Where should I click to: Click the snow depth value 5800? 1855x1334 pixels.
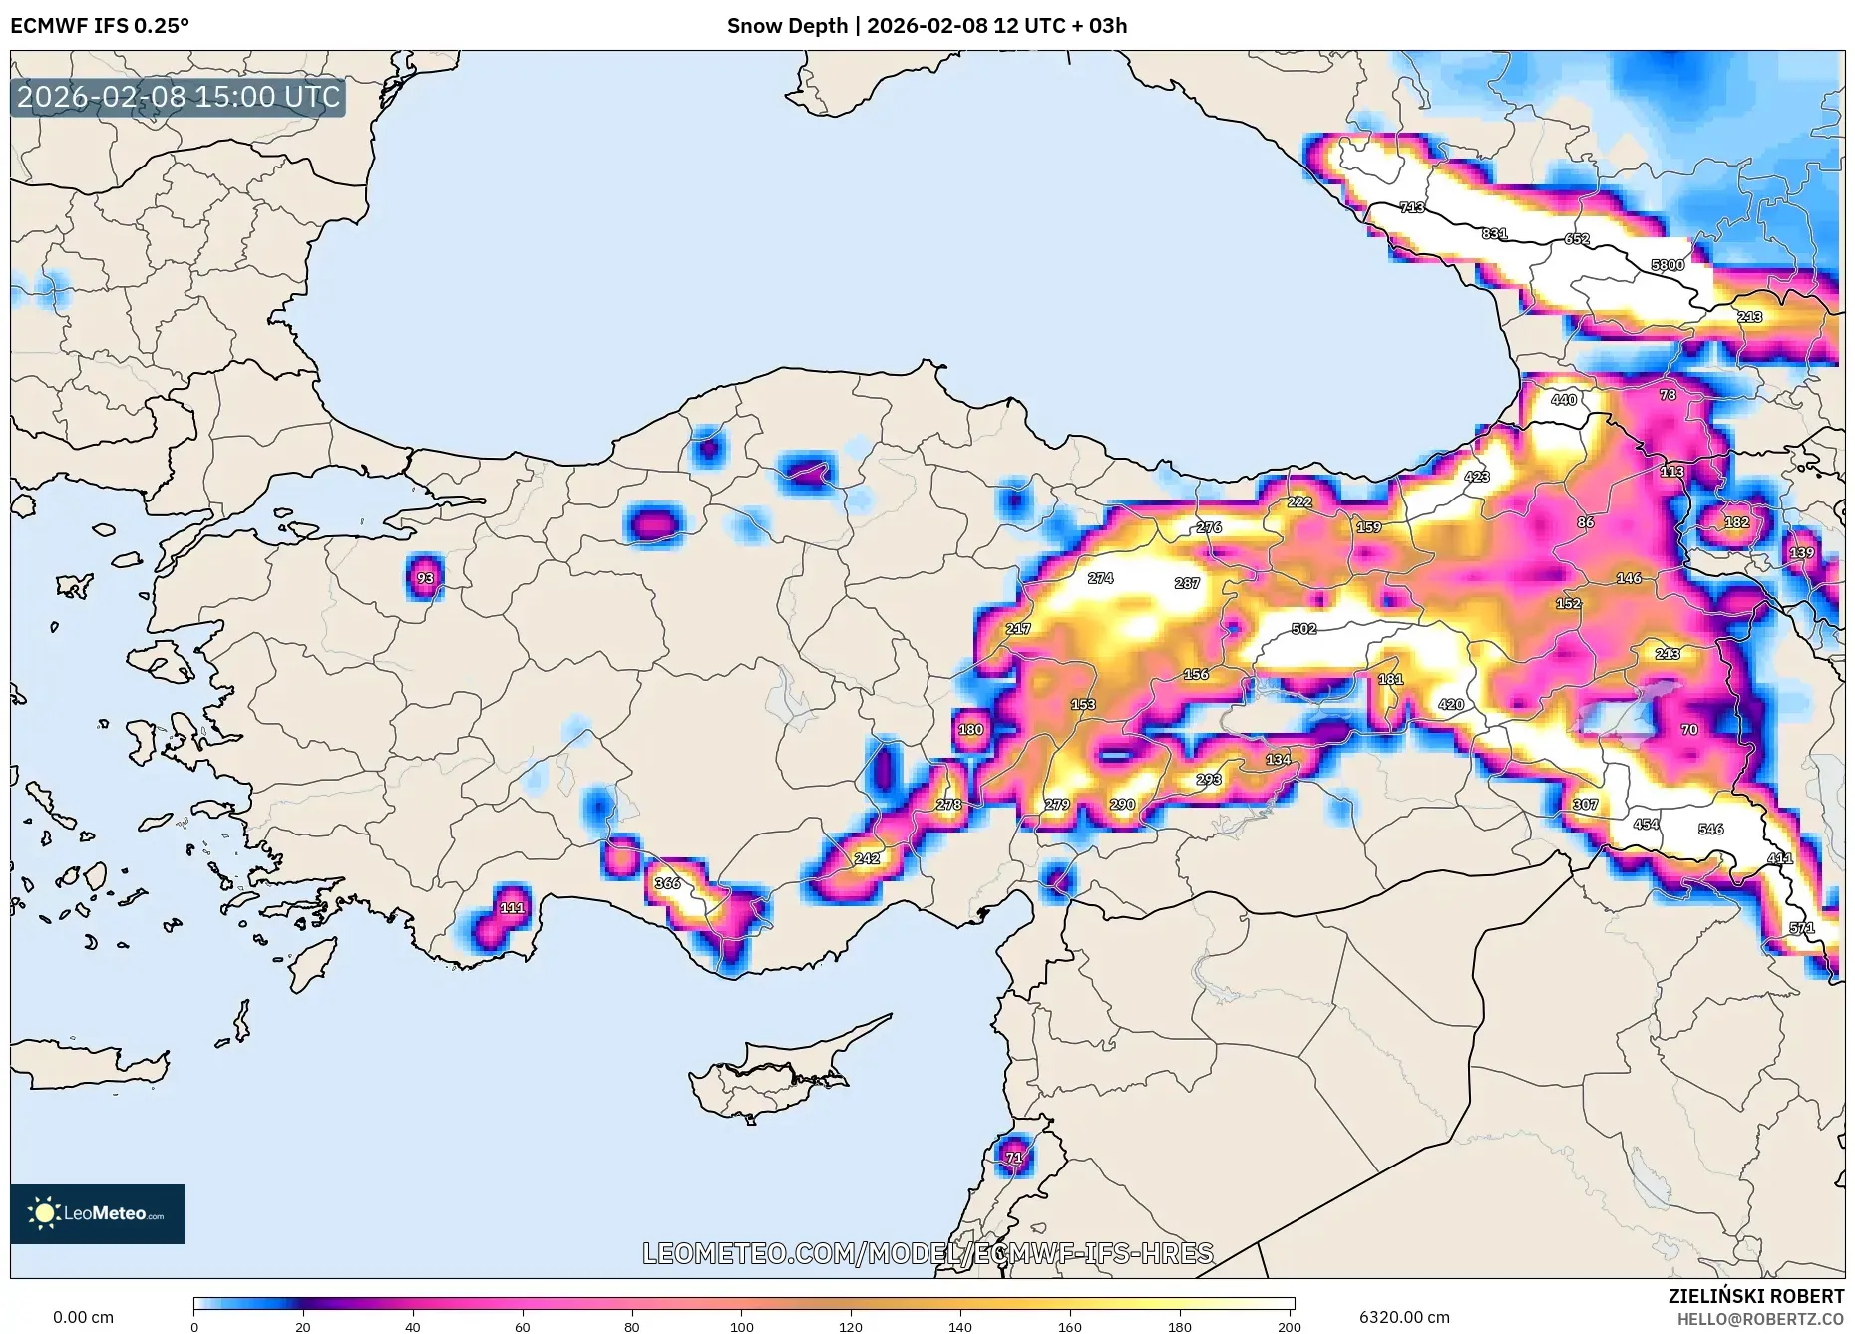coord(1668,265)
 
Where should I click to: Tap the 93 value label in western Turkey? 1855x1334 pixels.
coord(426,578)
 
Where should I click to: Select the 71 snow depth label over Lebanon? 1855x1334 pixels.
coord(1014,1158)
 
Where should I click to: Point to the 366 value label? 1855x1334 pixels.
coord(667,883)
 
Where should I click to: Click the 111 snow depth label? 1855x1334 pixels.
coord(512,908)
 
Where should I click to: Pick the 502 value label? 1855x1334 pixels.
coord(1303,629)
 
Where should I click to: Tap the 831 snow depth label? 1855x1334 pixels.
coord(1494,234)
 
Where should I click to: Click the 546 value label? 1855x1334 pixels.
coord(1711,830)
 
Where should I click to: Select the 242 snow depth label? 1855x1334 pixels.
coord(867,858)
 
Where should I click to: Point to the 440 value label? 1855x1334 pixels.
coord(1564,400)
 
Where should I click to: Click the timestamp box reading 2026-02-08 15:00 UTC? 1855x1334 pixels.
coord(179,97)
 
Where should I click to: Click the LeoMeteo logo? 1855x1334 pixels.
coord(98,1213)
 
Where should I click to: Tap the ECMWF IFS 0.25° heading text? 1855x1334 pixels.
coord(100,26)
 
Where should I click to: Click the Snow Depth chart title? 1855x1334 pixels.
coord(927,26)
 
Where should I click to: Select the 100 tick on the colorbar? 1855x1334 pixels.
coord(741,1326)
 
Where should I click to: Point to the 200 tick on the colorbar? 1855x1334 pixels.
coord(1289,1326)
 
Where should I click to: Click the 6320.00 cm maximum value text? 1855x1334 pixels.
coord(1404,1317)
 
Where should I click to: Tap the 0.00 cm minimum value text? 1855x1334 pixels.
coord(83,1317)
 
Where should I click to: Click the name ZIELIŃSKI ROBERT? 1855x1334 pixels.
coord(1755,1296)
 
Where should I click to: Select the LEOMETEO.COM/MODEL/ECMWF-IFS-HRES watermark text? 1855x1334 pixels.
coord(927,1253)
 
